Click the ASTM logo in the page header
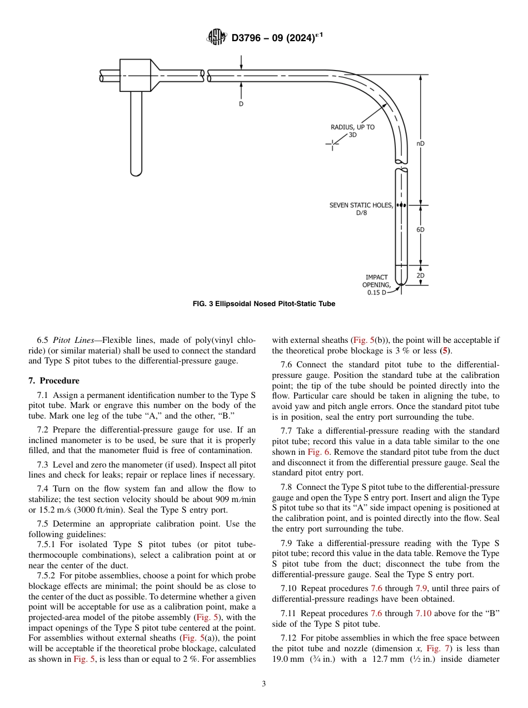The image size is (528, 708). [217, 37]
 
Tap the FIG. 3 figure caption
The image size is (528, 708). [264, 304]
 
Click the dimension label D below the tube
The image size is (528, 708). [241, 104]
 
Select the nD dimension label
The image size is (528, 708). [421, 144]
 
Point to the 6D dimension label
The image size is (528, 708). [421, 229]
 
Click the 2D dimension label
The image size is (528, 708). [421, 276]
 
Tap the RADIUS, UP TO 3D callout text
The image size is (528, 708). [352, 131]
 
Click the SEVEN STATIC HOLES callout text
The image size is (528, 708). [361, 209]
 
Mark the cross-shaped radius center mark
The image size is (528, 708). [332, 144]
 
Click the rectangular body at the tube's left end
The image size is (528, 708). [136, 76]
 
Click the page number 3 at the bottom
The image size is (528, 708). [264, 684]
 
